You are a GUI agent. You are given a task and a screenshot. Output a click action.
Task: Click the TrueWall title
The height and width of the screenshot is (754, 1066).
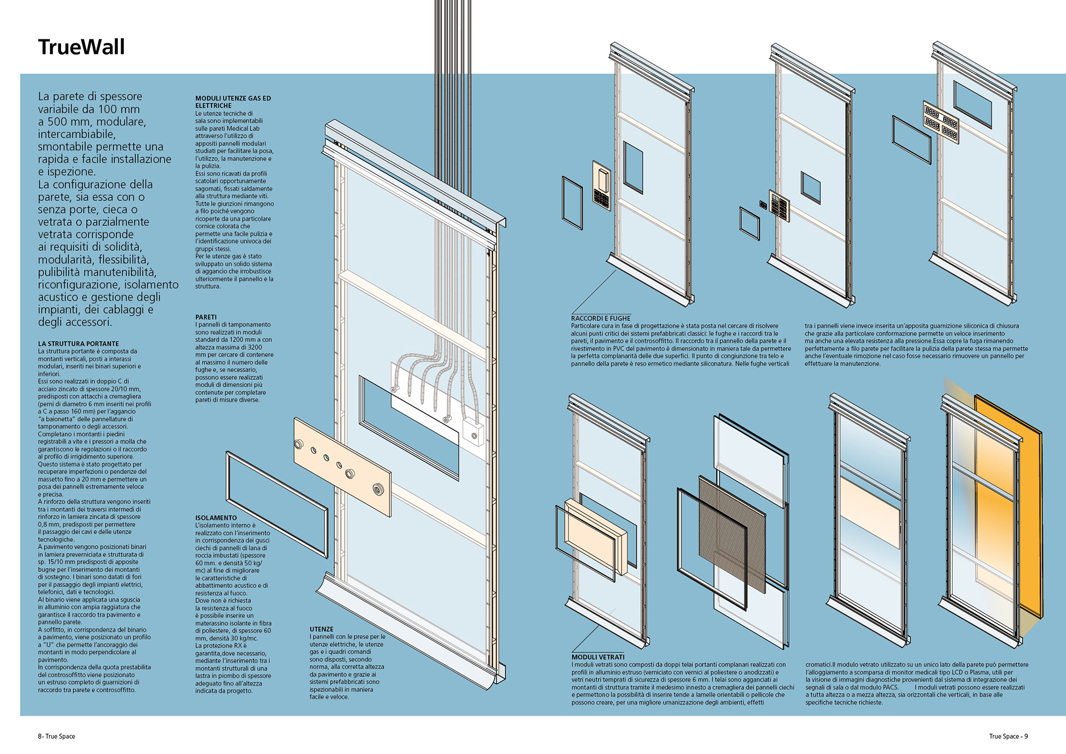point(82,47)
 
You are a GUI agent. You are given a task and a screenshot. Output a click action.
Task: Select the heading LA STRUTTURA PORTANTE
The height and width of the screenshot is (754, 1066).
point(78,344)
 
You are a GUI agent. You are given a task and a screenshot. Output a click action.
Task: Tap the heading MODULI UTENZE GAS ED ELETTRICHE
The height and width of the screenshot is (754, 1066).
point(233,102)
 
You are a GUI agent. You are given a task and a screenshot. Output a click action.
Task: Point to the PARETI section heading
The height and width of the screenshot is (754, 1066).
point(205,317)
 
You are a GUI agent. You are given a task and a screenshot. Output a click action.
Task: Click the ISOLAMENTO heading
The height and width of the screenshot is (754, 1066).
point(215,517)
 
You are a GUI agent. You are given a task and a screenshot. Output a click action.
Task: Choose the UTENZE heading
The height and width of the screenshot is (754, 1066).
point(321,629)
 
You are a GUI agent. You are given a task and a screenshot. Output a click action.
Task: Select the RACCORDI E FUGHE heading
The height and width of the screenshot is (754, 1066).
point(601,318)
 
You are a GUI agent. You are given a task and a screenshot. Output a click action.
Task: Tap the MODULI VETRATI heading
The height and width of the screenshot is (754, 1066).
point(598,657)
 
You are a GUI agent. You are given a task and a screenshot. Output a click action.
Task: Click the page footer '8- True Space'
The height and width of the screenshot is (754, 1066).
point(56,736)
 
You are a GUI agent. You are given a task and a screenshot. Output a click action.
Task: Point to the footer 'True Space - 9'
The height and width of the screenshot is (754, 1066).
point(1008,736)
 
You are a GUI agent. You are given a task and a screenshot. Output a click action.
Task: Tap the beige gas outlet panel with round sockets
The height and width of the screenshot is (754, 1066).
point(341,466)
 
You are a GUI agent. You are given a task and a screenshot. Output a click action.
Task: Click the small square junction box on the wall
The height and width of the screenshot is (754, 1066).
point(473,433)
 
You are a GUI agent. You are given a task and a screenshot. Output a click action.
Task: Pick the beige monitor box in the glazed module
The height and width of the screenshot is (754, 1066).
point(595,536)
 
